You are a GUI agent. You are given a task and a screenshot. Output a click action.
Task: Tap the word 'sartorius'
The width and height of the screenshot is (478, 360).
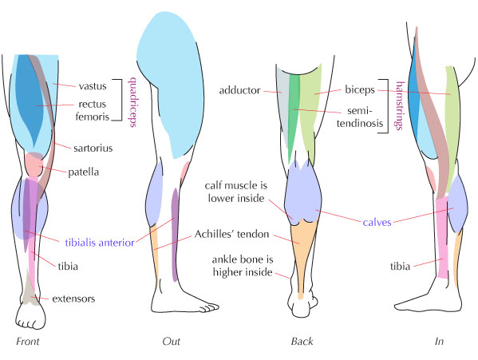pos(95,147)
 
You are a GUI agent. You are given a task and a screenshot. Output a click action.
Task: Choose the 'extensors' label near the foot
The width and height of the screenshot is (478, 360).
pos(73,299)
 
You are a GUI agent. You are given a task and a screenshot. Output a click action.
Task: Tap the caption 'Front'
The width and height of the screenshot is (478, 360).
pos(27,342)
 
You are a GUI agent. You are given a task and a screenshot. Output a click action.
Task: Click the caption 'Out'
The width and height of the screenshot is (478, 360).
pos(171,342)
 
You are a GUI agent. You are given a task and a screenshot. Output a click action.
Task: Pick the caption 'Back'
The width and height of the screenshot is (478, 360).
pos(301,342)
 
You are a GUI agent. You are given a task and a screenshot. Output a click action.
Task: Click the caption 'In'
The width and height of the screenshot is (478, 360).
pos(439,342)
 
